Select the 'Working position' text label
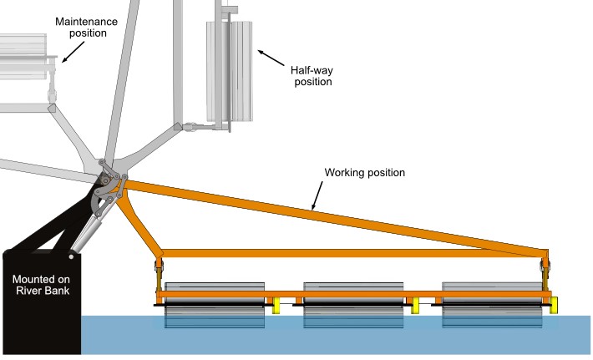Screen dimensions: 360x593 tap(365, 173)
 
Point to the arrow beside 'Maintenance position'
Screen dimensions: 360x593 tap(73, 51)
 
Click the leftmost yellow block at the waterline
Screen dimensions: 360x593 tap(274, 306)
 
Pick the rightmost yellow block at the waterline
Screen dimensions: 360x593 tap(554, 306)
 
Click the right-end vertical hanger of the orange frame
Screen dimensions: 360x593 tap(547, 272)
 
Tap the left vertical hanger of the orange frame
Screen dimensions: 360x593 tap(159, 273)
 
